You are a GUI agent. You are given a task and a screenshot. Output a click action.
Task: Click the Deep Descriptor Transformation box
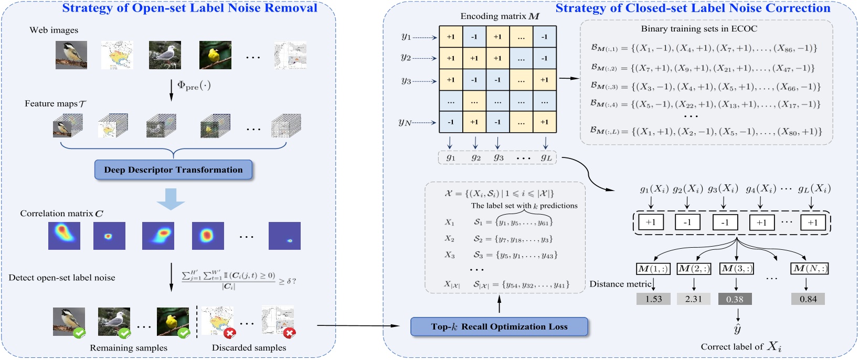(173, 170)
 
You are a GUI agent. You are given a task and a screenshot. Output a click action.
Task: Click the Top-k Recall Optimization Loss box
(499, 326)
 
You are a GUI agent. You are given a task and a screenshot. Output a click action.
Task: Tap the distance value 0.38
(735, 299)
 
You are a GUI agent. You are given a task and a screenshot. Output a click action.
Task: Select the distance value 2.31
(693, 299)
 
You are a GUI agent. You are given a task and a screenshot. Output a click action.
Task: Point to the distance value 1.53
(653, 299)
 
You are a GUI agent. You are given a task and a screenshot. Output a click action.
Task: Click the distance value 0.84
(808, 299)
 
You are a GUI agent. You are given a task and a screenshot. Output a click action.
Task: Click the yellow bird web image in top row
(215, 55)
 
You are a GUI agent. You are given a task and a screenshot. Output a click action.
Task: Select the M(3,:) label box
(736, 269)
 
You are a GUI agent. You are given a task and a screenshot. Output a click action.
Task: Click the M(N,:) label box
(809, 269)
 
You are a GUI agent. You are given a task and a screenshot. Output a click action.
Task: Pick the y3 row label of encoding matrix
(406, 81)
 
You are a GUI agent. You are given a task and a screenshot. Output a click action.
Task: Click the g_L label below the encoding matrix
(546, 157)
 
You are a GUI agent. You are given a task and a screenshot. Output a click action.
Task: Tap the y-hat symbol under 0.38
(737, 329)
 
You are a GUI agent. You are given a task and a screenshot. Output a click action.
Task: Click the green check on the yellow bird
(183, 333)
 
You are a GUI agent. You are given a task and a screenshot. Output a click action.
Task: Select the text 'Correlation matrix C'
(61, 214)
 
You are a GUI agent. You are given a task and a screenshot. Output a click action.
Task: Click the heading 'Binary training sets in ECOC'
(699, 29)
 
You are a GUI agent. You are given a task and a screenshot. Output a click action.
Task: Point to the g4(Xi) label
(760, 189)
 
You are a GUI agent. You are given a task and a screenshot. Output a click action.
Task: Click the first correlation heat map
(64, 236)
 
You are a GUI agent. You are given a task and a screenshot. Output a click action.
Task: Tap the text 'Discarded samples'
(249, 347)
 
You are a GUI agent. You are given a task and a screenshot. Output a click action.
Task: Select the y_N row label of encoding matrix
(405, 123)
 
